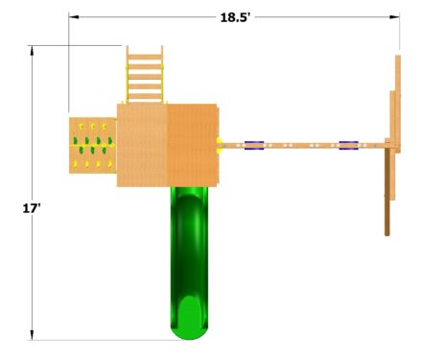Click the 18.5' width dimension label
235,17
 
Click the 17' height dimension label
32,208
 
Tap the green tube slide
189,263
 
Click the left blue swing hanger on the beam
254,146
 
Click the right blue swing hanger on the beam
348,146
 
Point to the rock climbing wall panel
93,146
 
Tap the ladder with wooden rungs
145,74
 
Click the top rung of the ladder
145,57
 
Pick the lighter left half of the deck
142,145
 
